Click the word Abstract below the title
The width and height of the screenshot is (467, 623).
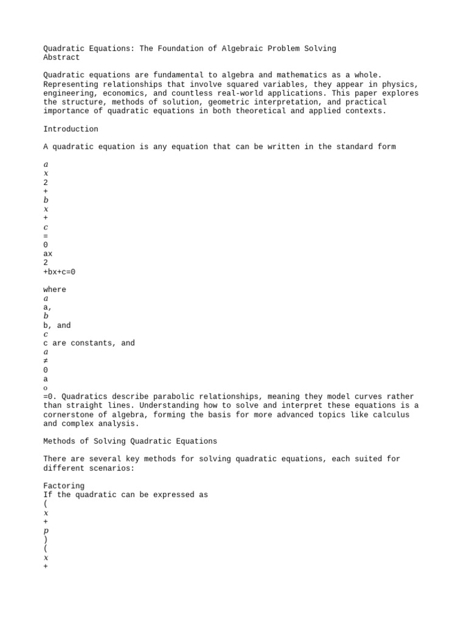(x=61, y=57)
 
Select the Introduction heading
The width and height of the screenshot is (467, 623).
(x=71, y=129)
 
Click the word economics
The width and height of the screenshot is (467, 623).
(x=123, y=93)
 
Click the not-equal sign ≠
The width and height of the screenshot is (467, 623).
(x=46, y=361)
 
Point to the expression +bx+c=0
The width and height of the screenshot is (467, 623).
(x=60, y=272)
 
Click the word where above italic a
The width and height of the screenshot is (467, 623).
(x=55, y=290)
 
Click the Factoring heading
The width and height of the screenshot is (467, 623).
(x=64, y=486)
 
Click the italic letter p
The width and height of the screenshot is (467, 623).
(x=46, y=531)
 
